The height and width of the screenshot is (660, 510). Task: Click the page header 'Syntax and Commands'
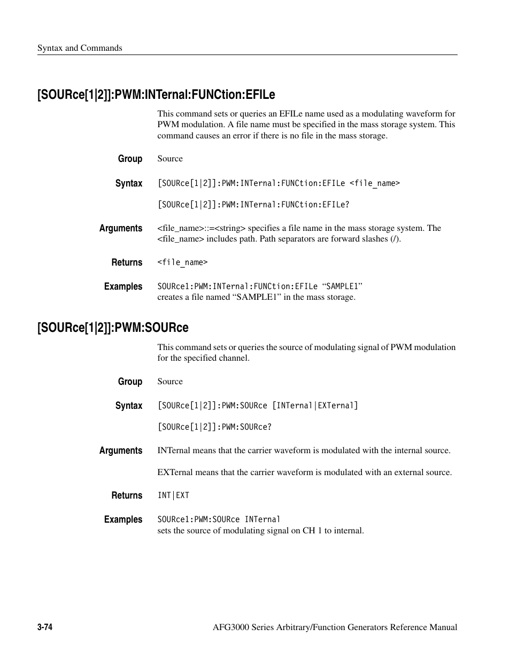[x=80, y=48]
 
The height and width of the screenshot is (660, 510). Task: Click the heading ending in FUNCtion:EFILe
[x=156, y=95]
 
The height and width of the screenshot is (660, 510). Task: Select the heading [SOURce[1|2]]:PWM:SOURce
[x=113, y=327]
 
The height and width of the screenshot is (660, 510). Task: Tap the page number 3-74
[x=44, y=627]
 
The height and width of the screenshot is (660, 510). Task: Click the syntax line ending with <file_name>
[x=279, y=183]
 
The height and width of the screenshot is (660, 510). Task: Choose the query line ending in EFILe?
[x=253, y=205]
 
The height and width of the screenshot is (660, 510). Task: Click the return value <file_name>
[x=182, y=262]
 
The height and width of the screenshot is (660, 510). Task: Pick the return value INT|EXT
[x=173, y=495]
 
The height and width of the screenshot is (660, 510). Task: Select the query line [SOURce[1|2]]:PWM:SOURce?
[x=214, y=427]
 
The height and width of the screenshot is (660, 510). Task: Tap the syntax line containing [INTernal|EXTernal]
[x=258, y=406]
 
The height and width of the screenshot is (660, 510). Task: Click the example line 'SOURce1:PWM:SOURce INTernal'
[x=219, y=519]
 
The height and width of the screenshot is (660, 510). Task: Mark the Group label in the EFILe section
[x=130, y=159]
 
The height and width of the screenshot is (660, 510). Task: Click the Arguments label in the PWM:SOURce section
[x=121, y=451]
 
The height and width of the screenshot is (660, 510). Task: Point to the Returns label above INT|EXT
[x=127, y=495]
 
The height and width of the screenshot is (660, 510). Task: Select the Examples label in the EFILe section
[x=123, y=286]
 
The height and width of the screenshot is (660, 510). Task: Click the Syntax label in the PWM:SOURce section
[x=129, y=406]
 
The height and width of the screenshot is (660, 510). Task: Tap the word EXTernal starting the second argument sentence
[x=175, y=472]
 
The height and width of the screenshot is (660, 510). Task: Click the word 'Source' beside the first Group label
[x=170, y=159]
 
